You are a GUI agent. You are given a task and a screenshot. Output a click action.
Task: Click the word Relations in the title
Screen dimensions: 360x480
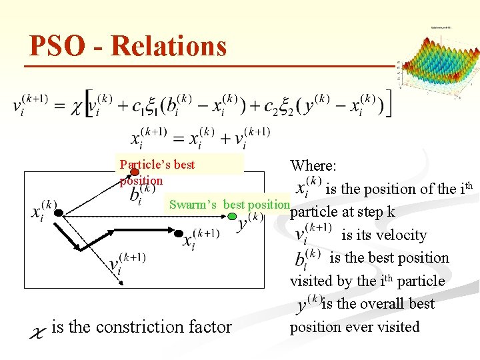[x=169, y=47]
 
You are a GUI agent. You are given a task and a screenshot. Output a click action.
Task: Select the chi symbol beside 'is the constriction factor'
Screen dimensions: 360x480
[x=39, y=330]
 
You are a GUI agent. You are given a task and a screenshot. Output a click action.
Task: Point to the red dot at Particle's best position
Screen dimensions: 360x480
[x=135, y=172]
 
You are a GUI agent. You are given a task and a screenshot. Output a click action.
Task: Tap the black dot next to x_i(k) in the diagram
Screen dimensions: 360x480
[x=59, y=213]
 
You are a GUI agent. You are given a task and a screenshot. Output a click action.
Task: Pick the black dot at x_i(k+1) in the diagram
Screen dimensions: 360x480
[x=179, y=233]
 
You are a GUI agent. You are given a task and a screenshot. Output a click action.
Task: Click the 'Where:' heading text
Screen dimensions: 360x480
[x=313, y=165]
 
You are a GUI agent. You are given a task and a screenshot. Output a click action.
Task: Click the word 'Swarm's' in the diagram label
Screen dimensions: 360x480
[x=193, y=205]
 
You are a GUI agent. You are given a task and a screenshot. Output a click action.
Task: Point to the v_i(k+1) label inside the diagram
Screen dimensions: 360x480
[x=127, y=264]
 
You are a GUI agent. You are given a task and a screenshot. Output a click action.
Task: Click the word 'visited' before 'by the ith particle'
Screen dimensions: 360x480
[x=313, y=281]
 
